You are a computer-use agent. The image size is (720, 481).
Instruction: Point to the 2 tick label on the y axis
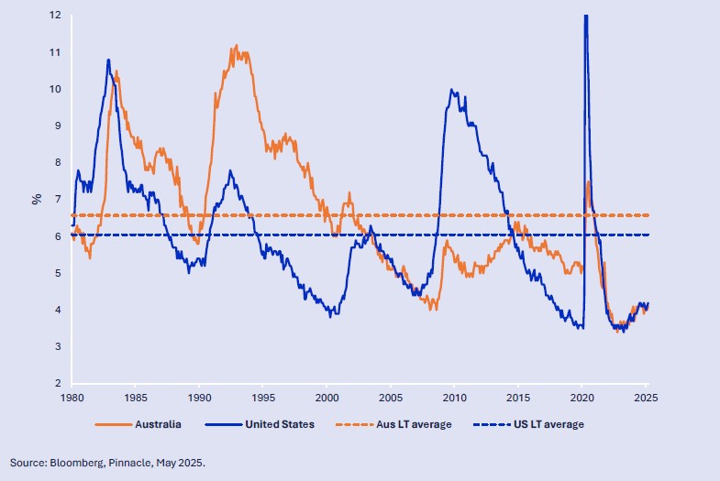tap(58, 383)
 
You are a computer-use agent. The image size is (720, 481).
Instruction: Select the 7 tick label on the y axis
tap(58, 199)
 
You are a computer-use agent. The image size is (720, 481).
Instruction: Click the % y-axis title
tap(38, 199)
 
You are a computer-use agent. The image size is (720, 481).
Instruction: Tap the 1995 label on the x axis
tap(263, 399)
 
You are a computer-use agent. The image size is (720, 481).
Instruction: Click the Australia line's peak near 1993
tap(237, 45)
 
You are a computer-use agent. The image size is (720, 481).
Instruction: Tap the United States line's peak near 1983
tap(108, 60)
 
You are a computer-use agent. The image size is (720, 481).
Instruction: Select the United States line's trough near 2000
tap(331, 315)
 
